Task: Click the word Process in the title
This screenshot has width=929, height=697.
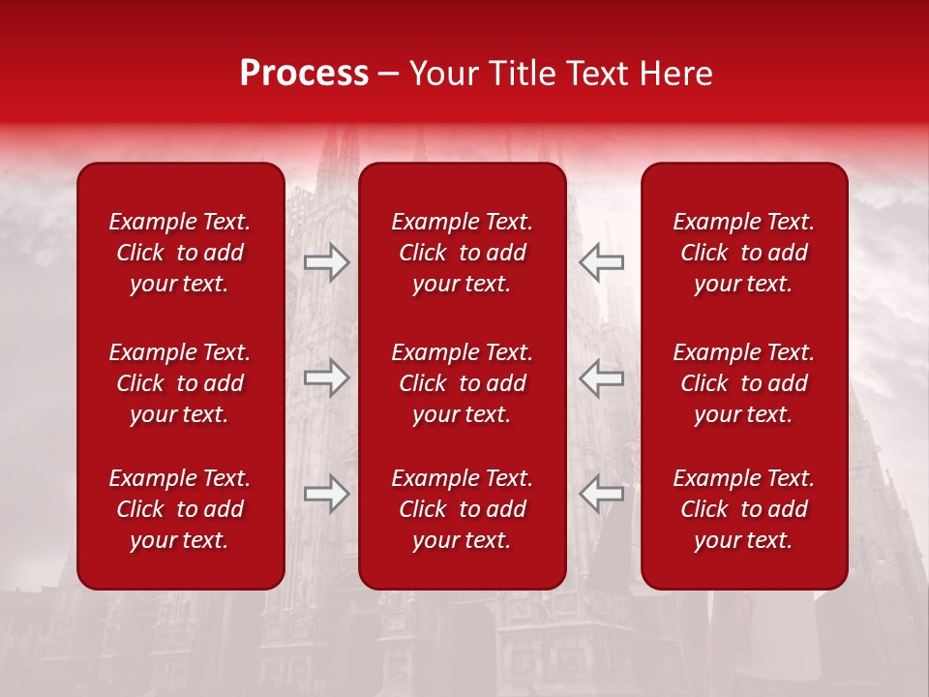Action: (x=304, y=74)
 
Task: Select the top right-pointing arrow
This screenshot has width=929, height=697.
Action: (x=327, y=262)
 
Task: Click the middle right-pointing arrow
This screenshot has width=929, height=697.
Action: (x=327, y=378)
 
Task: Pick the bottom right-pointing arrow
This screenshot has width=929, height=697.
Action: (x=327, y=494)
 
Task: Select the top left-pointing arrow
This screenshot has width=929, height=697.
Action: (x=601, y=262)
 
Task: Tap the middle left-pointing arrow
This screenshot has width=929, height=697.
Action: (x=601, y=378)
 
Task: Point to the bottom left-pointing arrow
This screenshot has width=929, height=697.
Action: (x=601, y=494)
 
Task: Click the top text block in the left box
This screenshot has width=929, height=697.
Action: (x=180, y=253)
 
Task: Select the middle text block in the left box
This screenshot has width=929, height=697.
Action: (x=180, y=383)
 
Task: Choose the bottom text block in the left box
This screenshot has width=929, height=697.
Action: (x=180, y=509)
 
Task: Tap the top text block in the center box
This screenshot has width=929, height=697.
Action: (x=462, y=253)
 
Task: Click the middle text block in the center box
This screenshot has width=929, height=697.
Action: (x=462, y=383)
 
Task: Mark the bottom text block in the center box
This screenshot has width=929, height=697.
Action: (x=462, y=509)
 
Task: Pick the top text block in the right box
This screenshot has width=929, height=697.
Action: (x=743, y=253)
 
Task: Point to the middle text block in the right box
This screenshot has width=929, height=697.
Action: (x=743, y=383)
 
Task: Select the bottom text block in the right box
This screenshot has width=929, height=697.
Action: (x=743, y=509)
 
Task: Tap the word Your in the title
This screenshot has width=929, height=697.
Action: (x=442, y=74)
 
